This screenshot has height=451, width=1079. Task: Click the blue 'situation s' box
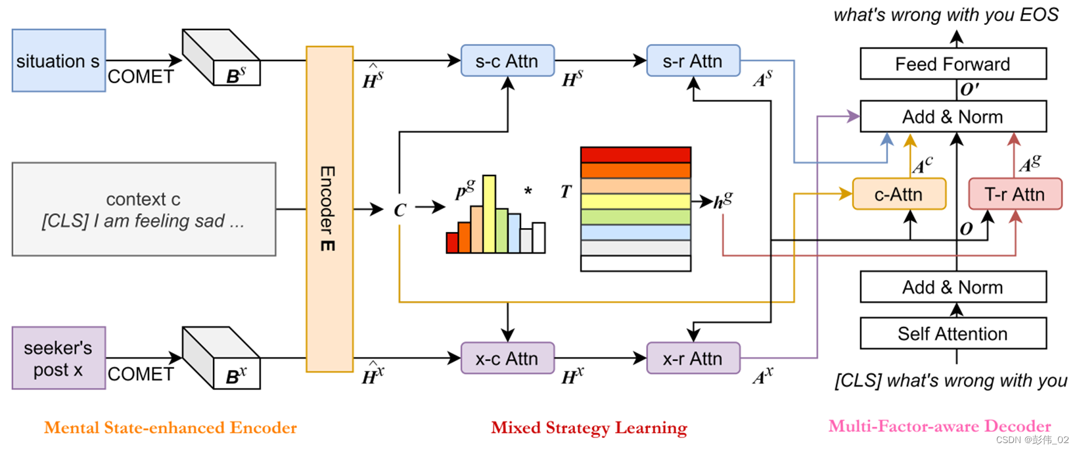[x=58, y=60]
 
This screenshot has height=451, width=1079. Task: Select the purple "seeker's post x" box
[x=58, y=358]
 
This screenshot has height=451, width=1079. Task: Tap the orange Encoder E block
[x=329, y=209]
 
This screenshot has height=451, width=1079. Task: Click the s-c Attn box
[x=507, y=61]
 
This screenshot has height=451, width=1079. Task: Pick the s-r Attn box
[x=693, y=61]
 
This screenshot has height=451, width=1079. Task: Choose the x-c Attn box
[x=507, y=358]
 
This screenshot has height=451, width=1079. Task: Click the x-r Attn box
[x=693, y=358]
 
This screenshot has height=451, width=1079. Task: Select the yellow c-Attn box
[x=898, y=195]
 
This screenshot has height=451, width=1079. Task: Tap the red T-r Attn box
[x=1015, y=195]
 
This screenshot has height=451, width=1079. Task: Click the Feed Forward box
[x=953, y=64]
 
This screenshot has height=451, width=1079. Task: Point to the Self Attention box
[x=953, y=334]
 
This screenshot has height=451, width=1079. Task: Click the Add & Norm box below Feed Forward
[x=953, y=117]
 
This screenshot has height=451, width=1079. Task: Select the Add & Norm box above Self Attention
[x=953, y=287]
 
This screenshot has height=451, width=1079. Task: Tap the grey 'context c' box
[x=143, y=209]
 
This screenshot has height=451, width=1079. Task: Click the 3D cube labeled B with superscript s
[x=222, y=59]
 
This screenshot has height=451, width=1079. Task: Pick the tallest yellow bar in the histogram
[x=489, y=214]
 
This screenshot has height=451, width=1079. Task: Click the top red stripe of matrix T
[x=635, y=155]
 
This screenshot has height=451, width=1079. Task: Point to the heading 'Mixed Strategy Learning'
[x=589, y=428]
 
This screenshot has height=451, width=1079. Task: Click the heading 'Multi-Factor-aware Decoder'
[x=940, y=426]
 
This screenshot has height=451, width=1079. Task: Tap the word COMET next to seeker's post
[x=141, y=374]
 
